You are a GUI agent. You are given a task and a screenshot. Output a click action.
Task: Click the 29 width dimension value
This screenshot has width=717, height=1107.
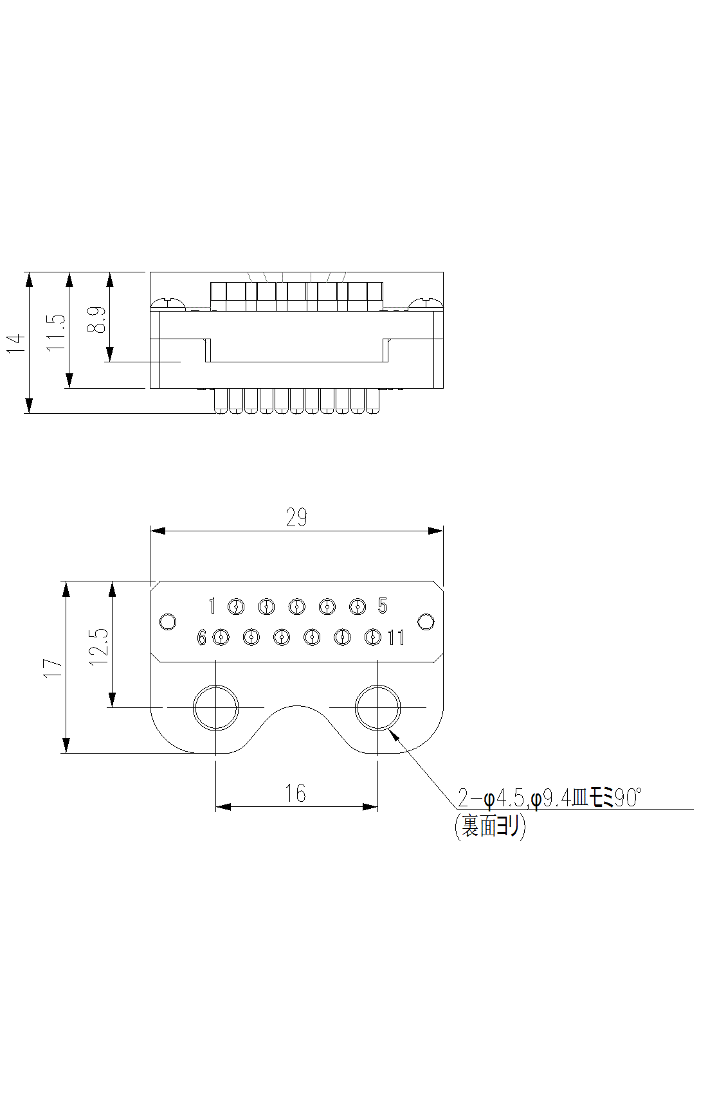point(296,518)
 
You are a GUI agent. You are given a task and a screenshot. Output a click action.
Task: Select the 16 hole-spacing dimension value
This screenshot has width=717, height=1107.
point(296,794)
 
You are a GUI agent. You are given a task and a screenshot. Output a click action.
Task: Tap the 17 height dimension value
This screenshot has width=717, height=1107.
point(54,668)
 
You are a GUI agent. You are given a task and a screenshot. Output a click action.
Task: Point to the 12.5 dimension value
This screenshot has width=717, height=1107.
point(100,646)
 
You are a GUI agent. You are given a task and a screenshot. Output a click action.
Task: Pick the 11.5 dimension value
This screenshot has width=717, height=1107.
point(57,332)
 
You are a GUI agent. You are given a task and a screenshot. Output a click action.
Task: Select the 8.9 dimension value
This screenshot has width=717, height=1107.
point(96,319)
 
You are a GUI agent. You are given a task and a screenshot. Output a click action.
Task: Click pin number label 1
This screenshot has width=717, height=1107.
point(213,606)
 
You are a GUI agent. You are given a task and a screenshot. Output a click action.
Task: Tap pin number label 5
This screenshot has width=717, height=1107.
point(383,606)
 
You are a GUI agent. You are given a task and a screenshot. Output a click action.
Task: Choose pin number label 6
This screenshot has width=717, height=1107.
point(202,638)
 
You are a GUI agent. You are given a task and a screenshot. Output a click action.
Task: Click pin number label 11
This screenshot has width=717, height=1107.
point(396,638)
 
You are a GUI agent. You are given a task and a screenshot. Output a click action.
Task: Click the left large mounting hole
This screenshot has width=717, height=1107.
point(216,707)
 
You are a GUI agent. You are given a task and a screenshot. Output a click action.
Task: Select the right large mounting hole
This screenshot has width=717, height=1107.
point(377,707)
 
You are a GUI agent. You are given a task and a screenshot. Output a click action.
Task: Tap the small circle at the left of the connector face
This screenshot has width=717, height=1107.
point(167,622)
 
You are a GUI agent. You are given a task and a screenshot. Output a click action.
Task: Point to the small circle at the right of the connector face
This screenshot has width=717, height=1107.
point(426,622)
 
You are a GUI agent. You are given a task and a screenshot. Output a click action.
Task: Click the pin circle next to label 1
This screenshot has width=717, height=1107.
point(236,606)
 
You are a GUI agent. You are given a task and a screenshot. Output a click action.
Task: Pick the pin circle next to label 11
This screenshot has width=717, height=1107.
point(373,637)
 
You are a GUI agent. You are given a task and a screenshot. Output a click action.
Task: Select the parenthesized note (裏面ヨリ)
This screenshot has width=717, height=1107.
point(490,826)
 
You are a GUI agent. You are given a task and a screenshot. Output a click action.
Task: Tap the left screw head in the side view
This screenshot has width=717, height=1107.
point(168,303)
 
